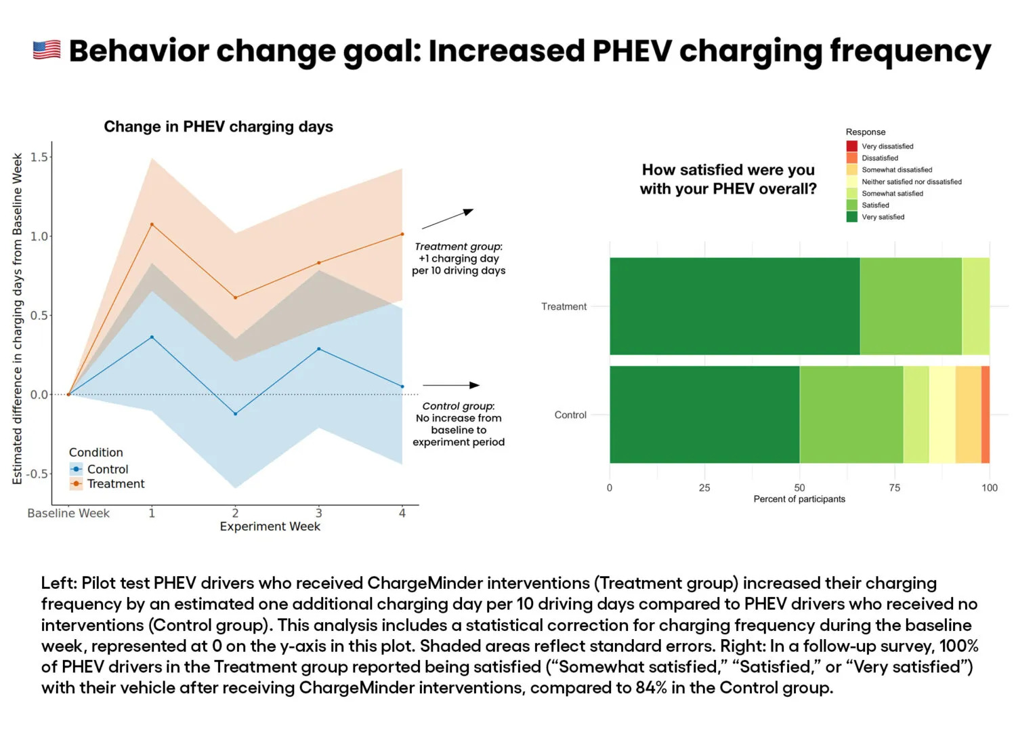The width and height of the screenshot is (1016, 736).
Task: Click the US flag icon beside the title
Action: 47,50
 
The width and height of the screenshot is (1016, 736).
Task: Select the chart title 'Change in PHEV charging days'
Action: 218,127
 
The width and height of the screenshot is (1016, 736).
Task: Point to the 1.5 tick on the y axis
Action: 39,157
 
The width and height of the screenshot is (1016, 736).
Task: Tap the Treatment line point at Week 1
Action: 152,224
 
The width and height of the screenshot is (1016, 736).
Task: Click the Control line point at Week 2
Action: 235,413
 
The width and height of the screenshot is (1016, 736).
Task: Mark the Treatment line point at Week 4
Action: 402,234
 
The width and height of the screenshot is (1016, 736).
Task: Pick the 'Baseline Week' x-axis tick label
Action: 68,513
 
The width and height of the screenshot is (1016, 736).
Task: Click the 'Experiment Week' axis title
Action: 270,527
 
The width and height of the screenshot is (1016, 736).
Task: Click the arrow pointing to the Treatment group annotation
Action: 447,220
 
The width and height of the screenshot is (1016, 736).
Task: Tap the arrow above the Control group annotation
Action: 450,385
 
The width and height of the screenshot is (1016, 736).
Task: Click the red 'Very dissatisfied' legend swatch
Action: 852,146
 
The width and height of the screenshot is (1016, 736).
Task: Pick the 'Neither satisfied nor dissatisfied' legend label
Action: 911,182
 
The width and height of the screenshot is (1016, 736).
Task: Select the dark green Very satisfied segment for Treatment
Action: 734,306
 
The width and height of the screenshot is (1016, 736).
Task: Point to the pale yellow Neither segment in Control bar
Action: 942,415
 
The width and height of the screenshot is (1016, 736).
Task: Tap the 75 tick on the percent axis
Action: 895,488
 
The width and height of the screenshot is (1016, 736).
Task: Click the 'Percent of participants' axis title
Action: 799,499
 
